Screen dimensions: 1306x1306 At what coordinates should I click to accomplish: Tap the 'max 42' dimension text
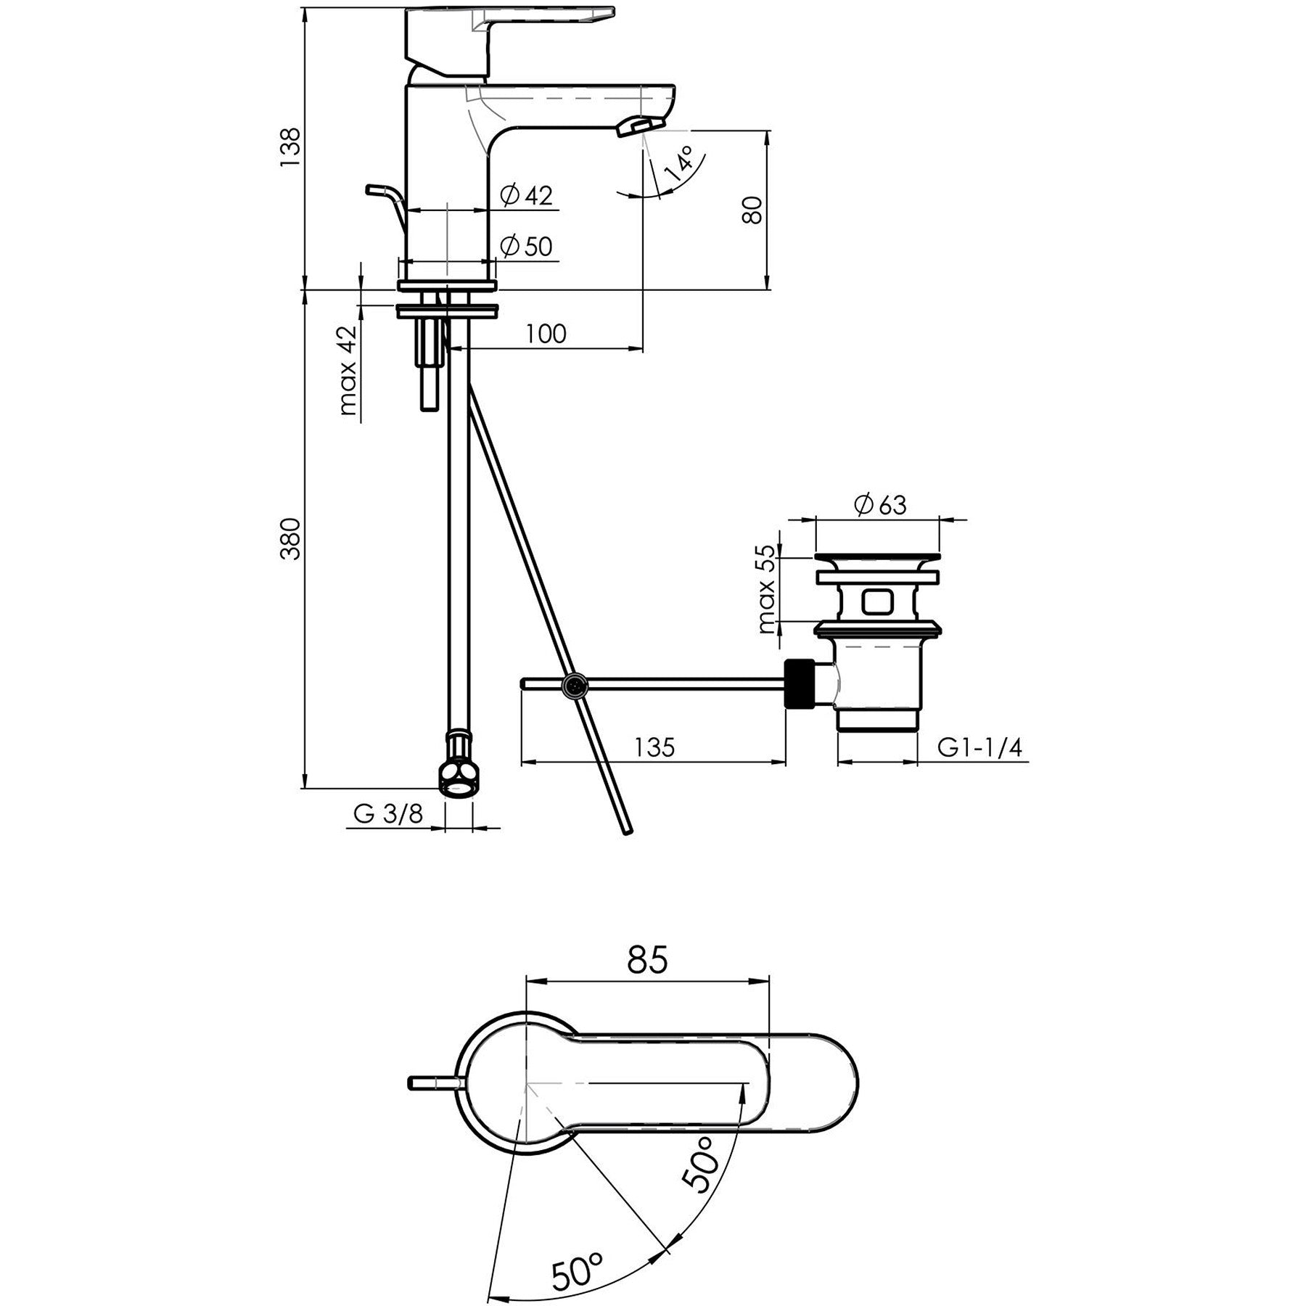pyautogui.click(x=349, y=370)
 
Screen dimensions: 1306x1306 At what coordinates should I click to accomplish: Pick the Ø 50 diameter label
pyautogui.click(x=527, y=247)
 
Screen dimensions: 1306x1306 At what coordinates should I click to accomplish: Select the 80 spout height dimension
pyautogui.click(x=754, y=210)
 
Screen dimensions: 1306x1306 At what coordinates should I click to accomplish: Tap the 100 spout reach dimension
pyautogui.click(x=546, y=334)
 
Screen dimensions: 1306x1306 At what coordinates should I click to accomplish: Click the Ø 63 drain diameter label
pyautogui.click(x=880, y=504)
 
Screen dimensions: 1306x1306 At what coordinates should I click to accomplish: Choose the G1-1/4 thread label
pyautogui.click(x=979, y=747)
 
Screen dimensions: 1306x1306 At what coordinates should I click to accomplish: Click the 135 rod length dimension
pyautogui.click(x=654, y=747)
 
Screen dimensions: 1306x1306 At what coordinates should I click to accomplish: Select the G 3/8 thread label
pyautogui.click(x=388, y=814)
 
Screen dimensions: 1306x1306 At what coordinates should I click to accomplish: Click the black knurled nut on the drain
pyautogui.click(x=799, y=683)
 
